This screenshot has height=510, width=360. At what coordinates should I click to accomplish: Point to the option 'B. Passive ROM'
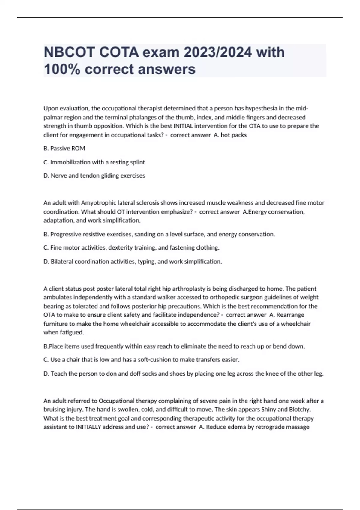[64, 148]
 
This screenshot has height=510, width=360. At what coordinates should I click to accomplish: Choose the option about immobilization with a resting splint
[94, 162]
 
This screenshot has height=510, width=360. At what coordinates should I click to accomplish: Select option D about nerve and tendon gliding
[94, 175]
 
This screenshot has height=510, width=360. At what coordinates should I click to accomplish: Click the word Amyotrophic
[100, 203]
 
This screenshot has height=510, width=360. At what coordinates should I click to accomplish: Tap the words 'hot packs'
[234, 135]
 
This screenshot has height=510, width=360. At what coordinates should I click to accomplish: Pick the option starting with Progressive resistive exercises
[159, 234]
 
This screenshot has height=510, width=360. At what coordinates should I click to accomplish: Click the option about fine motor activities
[131, 248]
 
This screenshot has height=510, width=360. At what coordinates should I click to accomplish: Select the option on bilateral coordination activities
[133, 262]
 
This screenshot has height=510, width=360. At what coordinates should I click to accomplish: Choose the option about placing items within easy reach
[174, 346]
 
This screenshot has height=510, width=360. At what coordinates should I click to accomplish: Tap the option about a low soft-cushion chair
[141, 360]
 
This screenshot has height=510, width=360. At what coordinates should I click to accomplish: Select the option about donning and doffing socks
[183, 374]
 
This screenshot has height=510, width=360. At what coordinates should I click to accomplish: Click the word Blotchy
[299, 409]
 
